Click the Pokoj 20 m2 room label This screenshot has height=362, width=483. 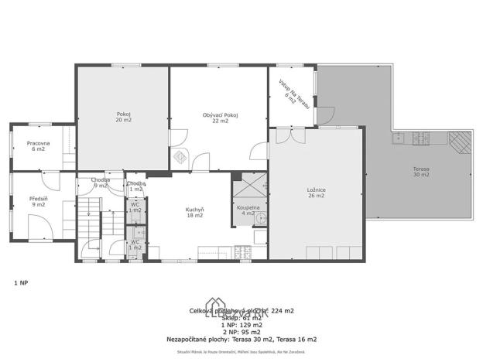pyautogui.click(x=123, y=118)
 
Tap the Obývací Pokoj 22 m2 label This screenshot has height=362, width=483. pyautogui.click(x=220, y=118)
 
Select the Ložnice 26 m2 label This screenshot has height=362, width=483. pyautogui.click(x=315, y=193)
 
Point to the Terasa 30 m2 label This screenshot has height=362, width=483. pyautogui.click(x=421, y=172)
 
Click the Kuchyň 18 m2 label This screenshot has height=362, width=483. pyautogui.click(x=194, y=213)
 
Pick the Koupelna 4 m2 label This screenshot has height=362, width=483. pyautogui.click(x=248, y=210)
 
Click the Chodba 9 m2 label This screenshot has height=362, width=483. pyautogui.click(x=100, y=183)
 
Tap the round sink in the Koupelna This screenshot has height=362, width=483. pyautogui.click(x=262, y=217)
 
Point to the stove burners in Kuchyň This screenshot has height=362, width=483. pyautogui.click(x=242, y=251)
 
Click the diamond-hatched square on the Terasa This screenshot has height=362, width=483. pyautogui.click(x=461, y=142)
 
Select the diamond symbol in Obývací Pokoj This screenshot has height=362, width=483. pyautogui.click(x=180, y=157)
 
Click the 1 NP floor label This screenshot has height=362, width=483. pyautogui.click(x=21, y=283)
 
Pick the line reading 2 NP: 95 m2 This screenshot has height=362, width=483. pyautogui.click(x=241, y=332)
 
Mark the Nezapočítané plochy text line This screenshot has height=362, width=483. pyautogui.click(x=241, y=339)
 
